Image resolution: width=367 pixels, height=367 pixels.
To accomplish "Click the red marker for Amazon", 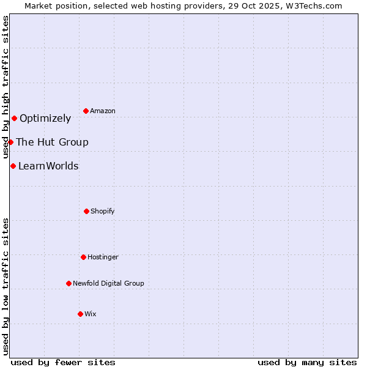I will pyautogui.click(x=86, y=111).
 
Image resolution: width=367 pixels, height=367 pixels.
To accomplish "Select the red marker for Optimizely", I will pyautogui.click(x=14, y=118).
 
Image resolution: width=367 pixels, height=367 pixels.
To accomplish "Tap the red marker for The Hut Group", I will pyautogui.click(x=10, y=142).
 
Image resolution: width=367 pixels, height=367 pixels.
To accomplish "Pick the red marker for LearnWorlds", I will pyautogui.click(x=13, y=166).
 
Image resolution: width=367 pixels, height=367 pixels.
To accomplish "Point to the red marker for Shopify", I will pyautogui.click(x=86, y=211).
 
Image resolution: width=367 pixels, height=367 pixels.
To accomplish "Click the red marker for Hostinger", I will pyautogui.click(x=83, y=257).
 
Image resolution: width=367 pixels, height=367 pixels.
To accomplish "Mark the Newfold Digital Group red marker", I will pyautogui.click(x=69, y=283).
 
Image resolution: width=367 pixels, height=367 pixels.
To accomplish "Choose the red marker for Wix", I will pyautogui.click(x=80, y=314).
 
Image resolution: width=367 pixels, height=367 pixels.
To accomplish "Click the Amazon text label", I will pyautogui.click(x=103, y=111).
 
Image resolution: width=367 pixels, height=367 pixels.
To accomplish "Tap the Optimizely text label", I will pyautogui.click(x=45, y=119).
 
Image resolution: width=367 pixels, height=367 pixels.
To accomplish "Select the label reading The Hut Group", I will pyautogui.click(x=52, y=143).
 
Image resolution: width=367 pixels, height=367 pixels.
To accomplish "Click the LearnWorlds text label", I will pyautogui.click(x=48, y=166).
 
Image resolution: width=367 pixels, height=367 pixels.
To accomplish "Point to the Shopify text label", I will pyautogui.click(x=103, y=212).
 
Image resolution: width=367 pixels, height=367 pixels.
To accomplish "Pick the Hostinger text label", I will pyautogui.click(x=103, y=258).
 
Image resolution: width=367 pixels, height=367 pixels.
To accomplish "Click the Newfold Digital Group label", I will pyautogui.click(x=108, y=284).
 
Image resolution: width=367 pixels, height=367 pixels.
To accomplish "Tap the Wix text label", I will pyautogui.click(x=91, y=314).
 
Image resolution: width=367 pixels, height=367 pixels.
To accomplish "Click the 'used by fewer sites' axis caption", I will pyautogui.click(x=63, y=362).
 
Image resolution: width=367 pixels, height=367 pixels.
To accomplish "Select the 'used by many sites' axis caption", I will pyautogui.click(x=307, y=362).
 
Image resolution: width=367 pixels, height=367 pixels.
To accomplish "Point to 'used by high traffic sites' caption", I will pyautogui.click(x=6, y=87).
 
